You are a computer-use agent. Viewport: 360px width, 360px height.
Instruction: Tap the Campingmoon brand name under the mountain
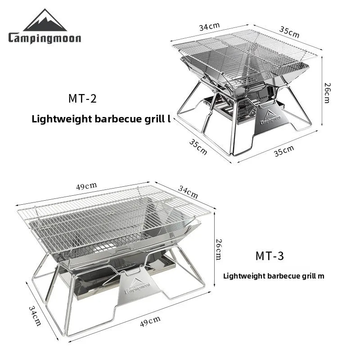(45, 38)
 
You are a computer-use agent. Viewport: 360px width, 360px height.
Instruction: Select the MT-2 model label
(82, 99)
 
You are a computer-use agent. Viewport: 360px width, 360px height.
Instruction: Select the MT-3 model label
(270, 256)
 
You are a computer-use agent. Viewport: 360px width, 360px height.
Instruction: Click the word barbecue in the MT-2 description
(116, 119)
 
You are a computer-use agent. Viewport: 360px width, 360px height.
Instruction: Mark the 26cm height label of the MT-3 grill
(218, 249)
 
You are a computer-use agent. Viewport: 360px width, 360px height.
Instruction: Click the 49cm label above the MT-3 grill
(86, 186)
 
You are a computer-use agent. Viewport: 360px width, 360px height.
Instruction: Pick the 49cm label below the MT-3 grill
(150, 320)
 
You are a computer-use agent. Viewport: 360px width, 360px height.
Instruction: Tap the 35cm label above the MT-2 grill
(289, 32)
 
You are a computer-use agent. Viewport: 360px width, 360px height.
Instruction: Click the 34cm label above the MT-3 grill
(188, 193)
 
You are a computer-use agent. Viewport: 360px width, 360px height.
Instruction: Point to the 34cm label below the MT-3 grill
(35, 315)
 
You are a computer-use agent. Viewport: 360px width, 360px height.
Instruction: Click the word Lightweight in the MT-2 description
(58, 119)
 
